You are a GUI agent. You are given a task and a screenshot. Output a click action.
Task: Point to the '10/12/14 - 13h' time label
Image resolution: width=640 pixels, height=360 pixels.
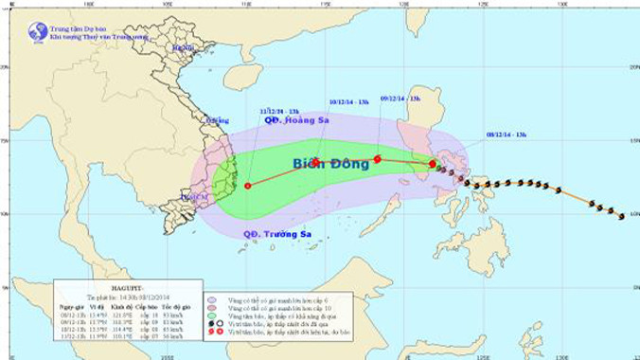pyautogui.click(x=347, y=99)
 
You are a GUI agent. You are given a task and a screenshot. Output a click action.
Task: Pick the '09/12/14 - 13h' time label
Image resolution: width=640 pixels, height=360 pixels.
pyautogui.click(x=398, y=97)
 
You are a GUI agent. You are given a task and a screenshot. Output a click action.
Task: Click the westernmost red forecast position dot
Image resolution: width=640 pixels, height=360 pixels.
pyautogui.click(x=248, y=186)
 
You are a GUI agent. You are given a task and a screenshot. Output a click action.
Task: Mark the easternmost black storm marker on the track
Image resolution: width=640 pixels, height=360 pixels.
pyautogui.click(x=621, y=216)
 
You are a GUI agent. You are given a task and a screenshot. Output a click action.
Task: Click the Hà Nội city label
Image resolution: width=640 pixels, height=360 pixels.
pyautogui.click(x=183, y=47)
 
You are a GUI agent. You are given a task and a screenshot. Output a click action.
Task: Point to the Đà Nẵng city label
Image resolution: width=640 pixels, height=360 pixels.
pyautogui.click(x=217, y=120)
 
